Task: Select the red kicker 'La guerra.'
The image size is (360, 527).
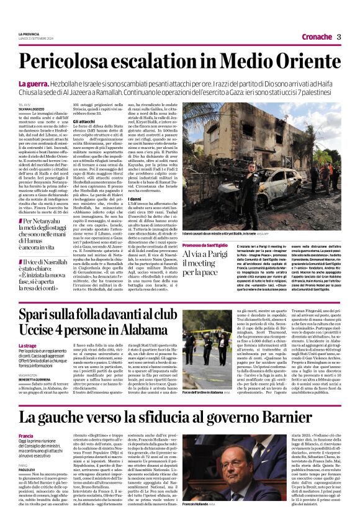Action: [34, 83]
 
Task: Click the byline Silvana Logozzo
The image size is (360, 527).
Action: [33, 110]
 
